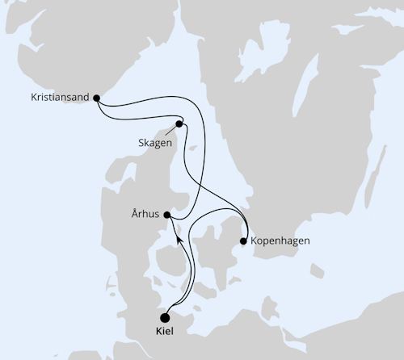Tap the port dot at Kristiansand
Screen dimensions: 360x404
point(97,98)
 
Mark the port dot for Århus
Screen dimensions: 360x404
point(166,215)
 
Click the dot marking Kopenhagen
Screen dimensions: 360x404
point(244,241)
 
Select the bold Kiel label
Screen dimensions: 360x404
point(165,333)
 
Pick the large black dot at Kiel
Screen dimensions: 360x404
point(166,317)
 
